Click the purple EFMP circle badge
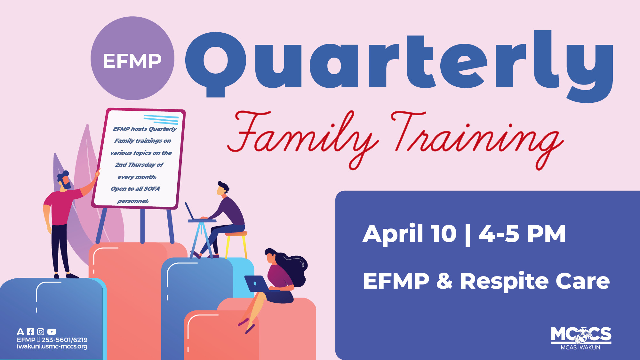[x=132, y=58]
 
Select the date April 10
[x=410, y=234]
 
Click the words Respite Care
[x=534, y=281]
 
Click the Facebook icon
[x=30, y=332]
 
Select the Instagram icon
[x=41, y=332]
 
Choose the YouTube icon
[x=52, y=332]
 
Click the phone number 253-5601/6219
[x=64, y=340]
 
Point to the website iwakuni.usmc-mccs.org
[x=52, y=347]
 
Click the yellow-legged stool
[x=236, y=243]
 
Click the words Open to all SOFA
[x=135, y=189]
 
